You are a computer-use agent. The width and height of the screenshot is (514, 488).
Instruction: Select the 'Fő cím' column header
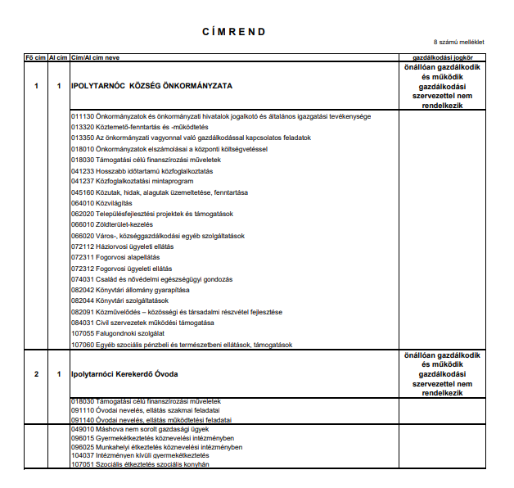34,58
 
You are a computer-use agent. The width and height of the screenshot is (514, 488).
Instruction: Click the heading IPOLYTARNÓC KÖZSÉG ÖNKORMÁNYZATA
151,86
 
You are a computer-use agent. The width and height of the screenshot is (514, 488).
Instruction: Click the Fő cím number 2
36,374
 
